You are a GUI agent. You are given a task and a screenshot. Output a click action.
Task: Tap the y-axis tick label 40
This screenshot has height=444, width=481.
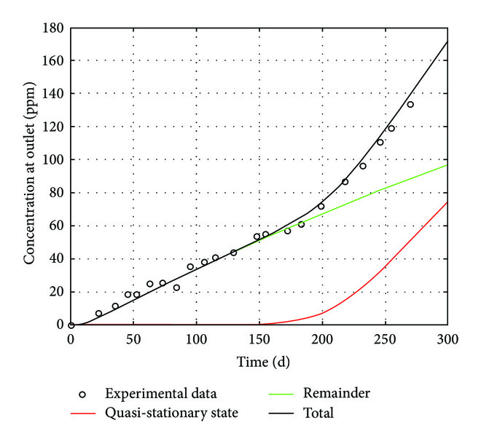(x=57, y=258)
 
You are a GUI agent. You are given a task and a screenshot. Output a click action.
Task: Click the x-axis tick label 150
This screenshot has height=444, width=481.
(x=259, y=339)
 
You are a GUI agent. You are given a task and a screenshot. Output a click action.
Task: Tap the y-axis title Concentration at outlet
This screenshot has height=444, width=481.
(x=29, y=177)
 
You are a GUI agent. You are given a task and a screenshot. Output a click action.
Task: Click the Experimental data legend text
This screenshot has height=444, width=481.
(x=160, y=394)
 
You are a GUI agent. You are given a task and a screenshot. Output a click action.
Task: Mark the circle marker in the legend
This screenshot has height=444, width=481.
(x=83, y=394)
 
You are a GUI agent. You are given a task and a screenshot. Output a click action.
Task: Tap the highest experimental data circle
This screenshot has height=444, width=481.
(x=410, y=104)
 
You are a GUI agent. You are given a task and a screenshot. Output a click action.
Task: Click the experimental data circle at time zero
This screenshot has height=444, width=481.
(x=71, y=325)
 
